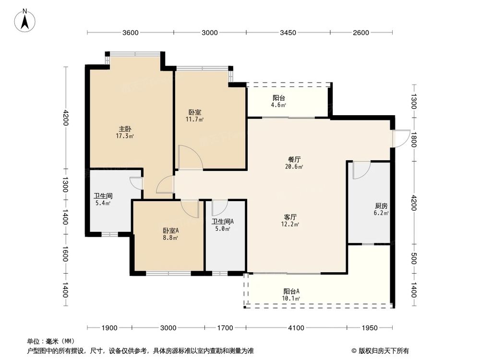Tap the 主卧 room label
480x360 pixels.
(x=125, y=129)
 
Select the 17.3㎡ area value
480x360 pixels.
(x=125, y=136)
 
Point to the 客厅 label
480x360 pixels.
(x=291, y=216)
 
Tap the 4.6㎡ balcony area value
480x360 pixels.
(x=279, y=105)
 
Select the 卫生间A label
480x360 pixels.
(x=223, y=221)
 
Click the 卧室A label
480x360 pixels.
(x=170, y=230)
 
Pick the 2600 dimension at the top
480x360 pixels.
(x=360, y=33)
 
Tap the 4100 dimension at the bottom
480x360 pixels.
(x=296, y=328)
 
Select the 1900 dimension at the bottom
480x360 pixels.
(x=109, y=328)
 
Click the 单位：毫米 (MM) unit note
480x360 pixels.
(x=47, y=341)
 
